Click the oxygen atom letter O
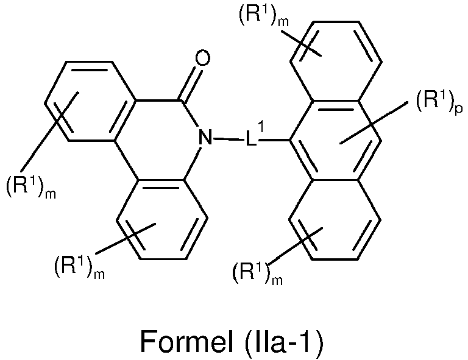tap(202, 58)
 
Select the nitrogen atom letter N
tap(205, 138)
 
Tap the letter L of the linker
tap(250, 138)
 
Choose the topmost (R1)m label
tap(263, 16)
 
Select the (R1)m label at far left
tap(31, 187)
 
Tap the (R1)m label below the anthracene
tap(257, 273)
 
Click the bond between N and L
tap(229, 139)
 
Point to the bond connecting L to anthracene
tap(273, 139)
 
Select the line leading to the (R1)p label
tap(374, 122)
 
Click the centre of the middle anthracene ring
tap(335, 141)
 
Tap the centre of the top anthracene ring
tap(336, 61)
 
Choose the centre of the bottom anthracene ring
tap(335, 220)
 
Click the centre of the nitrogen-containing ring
tap(159, 141)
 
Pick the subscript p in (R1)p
tap(459, 109)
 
